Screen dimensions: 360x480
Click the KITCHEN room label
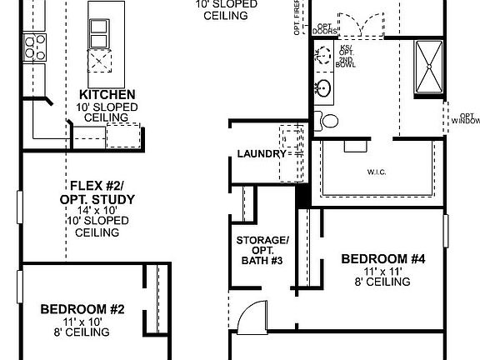pos(102,94)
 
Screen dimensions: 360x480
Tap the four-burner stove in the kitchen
pos(34,48)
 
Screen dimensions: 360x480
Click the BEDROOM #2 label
pos(82,309)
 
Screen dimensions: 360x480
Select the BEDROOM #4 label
pos(383,259)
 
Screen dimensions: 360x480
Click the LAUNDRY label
pos(261,154)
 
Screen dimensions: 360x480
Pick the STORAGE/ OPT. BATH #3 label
pos(262,251)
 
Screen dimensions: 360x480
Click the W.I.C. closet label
pos(376,172)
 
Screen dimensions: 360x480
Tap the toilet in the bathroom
pos(327,121)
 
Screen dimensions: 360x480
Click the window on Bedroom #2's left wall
pos(18,287)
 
